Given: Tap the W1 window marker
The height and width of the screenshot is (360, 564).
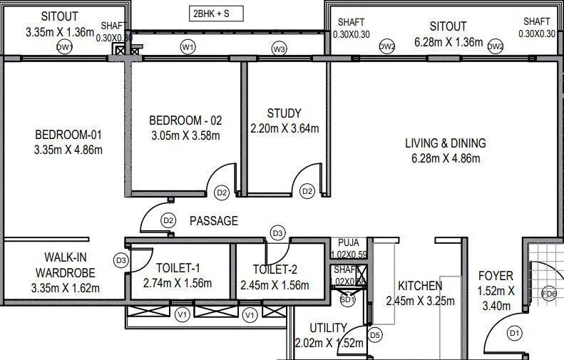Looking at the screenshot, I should [x=188, y=47].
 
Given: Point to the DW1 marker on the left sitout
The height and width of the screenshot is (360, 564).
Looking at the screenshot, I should [x=65, y=47].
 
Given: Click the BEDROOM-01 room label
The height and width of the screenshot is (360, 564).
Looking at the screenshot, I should [x=68, y=135].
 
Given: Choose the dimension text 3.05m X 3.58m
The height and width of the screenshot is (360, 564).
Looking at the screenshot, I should [x=185, y=135].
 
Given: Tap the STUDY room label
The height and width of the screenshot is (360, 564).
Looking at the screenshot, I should [x=284, y=113].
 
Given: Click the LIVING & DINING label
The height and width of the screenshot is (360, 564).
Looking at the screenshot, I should [x=445, y=143].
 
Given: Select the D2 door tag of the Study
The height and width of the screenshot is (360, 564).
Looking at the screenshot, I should [x=307, y=191].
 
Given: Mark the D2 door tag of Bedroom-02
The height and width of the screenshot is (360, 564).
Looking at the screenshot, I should [x=222, y=192].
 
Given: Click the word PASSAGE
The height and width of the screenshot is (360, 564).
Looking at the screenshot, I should [x=213, y=221].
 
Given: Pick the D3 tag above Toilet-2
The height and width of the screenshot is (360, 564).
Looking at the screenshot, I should [x=277, y=233].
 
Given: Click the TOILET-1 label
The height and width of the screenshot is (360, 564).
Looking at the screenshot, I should [x=178, y=268].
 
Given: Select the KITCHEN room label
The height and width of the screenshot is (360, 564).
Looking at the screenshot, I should [x=420, y=285].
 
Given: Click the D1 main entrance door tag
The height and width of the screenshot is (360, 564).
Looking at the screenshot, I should [x=514, y=333].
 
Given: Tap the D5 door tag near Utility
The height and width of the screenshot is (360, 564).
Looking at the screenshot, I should [x=375, y=334].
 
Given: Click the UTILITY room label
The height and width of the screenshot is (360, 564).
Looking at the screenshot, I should [x=328, y=328].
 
